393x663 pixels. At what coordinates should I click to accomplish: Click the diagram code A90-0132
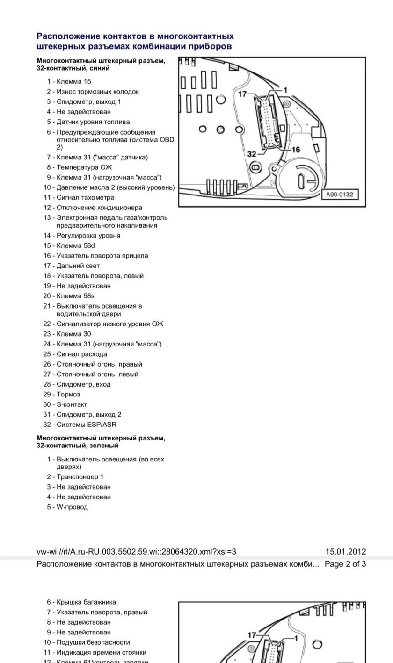click(340, 194)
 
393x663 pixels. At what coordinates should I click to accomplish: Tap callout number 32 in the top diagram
click(252, 154)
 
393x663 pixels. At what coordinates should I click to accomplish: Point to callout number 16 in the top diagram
click(296, 150)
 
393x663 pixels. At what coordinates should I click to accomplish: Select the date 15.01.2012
click(346, 552)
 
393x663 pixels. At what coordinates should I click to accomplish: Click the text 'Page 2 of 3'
click(345, 564)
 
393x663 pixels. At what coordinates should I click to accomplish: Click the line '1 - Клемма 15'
click(69, 81)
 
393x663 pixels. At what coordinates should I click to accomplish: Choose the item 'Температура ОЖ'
click(84, 167)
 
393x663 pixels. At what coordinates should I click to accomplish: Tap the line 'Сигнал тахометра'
click(85, 197)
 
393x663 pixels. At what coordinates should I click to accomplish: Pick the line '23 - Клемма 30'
click(67, 334)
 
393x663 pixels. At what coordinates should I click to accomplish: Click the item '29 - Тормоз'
click(62, 394)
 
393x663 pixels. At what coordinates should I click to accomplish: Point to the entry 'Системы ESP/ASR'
click(86, 425)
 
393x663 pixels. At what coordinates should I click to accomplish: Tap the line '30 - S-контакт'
click(65, 404)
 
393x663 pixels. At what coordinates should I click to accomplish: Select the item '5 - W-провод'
click(67, 507)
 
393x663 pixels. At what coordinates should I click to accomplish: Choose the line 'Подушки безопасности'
click(93, 642)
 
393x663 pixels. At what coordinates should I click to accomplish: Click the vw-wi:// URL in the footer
click(136, 552)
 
